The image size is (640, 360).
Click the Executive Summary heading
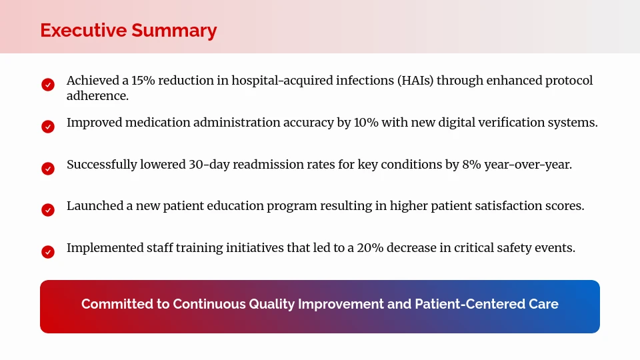(128, 31)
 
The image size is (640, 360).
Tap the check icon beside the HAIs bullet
(48, 85)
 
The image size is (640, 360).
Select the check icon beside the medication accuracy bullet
(48, 127)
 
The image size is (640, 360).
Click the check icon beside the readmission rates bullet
(48, 169)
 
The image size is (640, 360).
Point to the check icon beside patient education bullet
(48, 210)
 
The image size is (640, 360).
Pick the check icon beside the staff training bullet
(48, 252)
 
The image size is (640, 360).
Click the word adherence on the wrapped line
(97, 96)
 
